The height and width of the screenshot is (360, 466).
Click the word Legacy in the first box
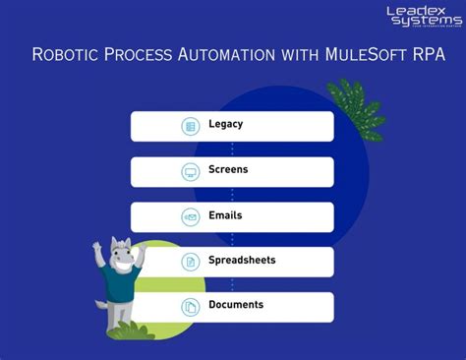coord(225,125)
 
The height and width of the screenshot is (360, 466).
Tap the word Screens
coord(228,170)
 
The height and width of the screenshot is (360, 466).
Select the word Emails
coord(225,215)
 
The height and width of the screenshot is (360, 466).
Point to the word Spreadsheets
coord(242,261)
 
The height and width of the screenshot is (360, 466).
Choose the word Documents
coord(236,305)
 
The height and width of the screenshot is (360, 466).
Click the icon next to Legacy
coord(191,126)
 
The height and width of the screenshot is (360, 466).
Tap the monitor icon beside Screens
coord(191,171)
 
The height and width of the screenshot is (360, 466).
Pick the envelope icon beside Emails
coord(191,216)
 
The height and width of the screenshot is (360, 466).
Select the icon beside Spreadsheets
coord(191,262)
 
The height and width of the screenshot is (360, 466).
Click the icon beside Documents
coord(191,306)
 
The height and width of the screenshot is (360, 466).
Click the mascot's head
coord(119,255)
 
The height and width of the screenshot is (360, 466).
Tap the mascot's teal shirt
coord(117,286)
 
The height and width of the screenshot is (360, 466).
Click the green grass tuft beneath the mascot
coord(129,330)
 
